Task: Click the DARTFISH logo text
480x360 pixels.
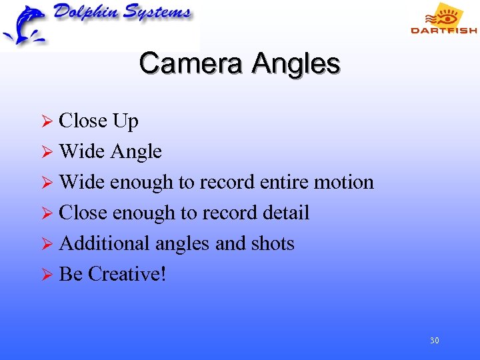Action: coord(443,30)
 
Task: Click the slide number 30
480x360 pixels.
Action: coord(434,341)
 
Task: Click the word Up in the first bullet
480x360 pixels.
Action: coord(125,121)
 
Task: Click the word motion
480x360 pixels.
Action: coord(344,182)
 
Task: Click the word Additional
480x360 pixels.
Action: coord(105,243)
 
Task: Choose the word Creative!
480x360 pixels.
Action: coord(127,274)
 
